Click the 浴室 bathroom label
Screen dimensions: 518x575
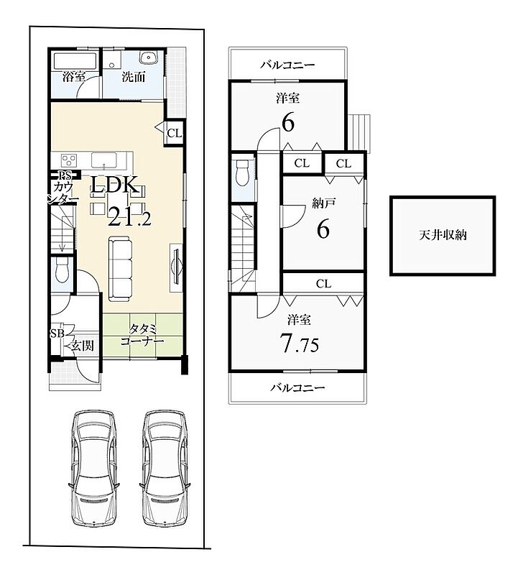[x=74, y=77]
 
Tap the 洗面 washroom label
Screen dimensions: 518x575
[x=134, y=77]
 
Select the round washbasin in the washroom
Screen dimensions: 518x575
[x=149, y=57]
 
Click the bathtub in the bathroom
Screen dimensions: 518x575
[x=75, y=61]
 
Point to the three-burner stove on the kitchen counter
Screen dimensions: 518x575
[x=69, y=160]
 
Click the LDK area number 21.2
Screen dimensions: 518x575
[x=129, y=218]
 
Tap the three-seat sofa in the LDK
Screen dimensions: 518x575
[x=120, y=267]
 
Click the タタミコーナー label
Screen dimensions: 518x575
[x=142, y=335]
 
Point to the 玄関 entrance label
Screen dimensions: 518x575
[x=82, y=346]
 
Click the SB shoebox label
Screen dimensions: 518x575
[x=57, y=333]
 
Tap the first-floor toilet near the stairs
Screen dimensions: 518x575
[x=62, y=270]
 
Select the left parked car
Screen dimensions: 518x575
[x=95, y=469]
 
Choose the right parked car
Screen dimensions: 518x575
[x=165, y=469]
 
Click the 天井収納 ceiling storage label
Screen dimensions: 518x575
[x=443, y=235]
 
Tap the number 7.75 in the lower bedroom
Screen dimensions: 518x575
[x=299, y=343]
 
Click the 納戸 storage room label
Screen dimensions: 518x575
[x=325, y=203]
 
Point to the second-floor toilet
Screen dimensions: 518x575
[x=243, y=172]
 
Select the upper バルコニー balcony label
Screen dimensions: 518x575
[x=288, y=65]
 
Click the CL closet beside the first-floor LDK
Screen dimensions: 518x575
[x=174, y=133]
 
